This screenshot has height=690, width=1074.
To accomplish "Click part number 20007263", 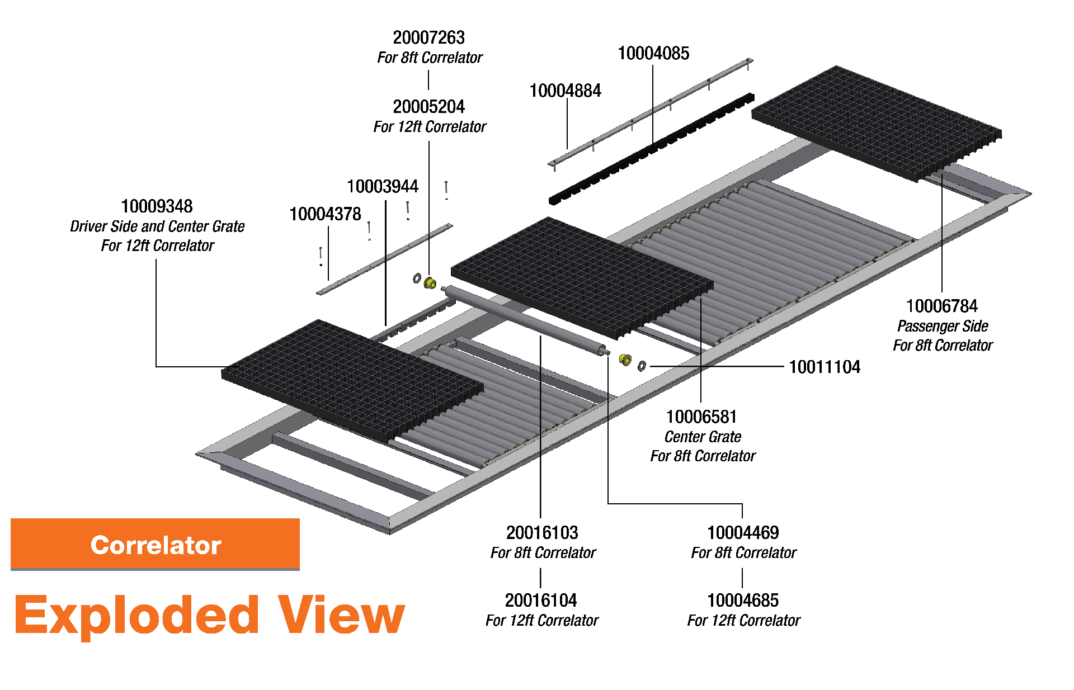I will pos(428,38).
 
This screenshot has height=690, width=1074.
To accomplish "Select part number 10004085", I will pos(653,54).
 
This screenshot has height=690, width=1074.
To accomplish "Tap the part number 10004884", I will pos(565,91).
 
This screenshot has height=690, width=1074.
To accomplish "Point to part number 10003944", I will pos(382,187).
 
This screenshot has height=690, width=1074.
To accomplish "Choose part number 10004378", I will pos(325,214).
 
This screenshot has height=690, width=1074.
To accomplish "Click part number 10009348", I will pos(157,206).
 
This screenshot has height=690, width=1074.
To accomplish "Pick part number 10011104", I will pos(824,367).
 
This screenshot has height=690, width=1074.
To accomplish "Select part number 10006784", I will pos(941,306).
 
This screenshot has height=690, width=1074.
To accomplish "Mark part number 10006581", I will pos(701,417).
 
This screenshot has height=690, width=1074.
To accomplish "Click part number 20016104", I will pos(540,601).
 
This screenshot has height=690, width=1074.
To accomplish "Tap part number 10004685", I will pos(742,601).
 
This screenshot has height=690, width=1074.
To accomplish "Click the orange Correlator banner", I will pos(155,544).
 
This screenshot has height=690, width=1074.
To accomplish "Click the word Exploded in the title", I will pos(136,615).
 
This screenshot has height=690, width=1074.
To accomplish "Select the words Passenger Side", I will pos(942,326).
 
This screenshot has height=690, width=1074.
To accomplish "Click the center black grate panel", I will pos(582,277).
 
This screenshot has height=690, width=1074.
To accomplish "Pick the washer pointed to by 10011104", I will pos(642,366).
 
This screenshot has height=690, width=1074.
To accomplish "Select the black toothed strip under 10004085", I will pos(652,148).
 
